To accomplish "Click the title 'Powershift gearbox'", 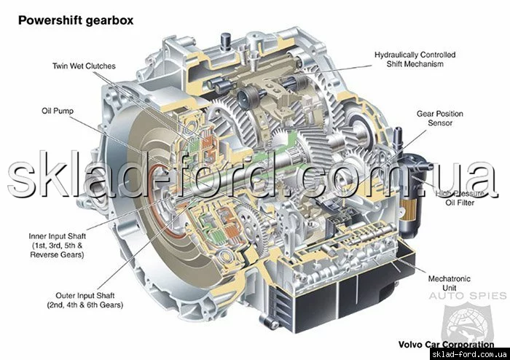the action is point(76,20).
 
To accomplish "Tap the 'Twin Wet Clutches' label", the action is point(84,66).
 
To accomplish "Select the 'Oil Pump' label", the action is point(58,111).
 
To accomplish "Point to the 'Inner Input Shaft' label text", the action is point(58,236).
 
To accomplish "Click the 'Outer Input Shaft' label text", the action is point(85,296).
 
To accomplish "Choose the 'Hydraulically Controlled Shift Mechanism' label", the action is point(415,59).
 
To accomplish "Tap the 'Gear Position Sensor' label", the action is point(440,118).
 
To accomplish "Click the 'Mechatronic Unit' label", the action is point(450,283).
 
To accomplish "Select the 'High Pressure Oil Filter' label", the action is point(460,198).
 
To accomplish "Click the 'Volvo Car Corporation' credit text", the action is point(446,344).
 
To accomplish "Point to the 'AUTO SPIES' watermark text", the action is point(468,296).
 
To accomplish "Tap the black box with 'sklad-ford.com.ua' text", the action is point(470,354).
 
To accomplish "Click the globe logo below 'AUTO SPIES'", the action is point(467,322).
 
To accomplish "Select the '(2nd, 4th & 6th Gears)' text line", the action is point(85,305).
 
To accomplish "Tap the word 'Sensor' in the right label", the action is point(440,123).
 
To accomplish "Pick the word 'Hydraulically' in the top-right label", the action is point(395,55).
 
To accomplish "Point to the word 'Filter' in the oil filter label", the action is point(466,203).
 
